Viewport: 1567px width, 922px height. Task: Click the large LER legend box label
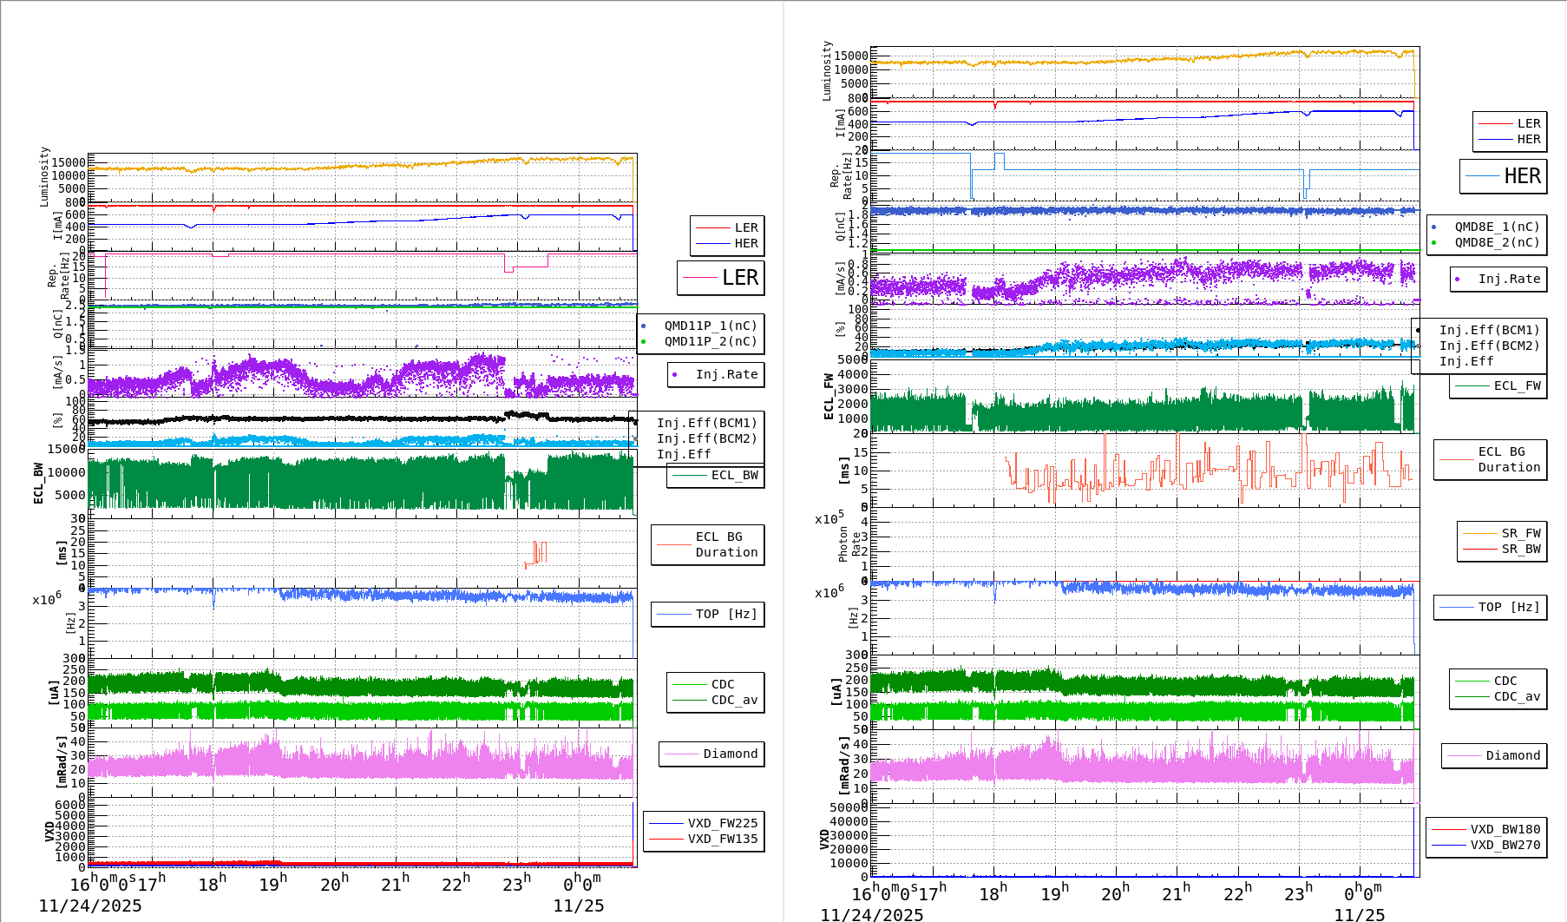click(739, 278)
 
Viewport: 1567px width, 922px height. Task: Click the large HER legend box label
click(1522, 176)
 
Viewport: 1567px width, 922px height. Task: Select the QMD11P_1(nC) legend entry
click(710, 326)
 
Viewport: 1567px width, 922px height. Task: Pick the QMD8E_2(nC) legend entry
click(1496, 242)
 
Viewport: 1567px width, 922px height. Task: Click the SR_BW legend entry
click(1520, 549)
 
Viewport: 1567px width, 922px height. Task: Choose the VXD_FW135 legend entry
click(722, 839)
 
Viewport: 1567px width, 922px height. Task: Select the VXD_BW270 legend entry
click(1505, 845)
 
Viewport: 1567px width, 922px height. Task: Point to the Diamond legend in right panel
click(1512, 755)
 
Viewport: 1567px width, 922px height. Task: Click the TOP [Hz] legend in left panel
click(725, 614)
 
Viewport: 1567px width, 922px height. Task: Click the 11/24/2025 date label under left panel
click(90, 906)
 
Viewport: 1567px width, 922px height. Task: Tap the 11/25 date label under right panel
click(1360, 915)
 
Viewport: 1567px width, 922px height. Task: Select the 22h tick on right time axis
click(1237, 893)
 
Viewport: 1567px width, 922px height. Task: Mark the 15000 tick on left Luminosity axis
click(69, 162)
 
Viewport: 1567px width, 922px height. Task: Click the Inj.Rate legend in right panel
click(1509, 279)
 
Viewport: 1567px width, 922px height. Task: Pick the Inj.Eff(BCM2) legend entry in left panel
click(706, 438)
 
